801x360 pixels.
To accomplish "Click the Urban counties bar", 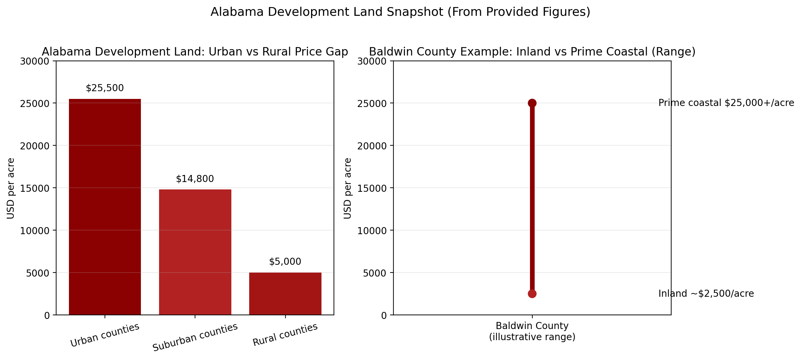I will pos(105,207).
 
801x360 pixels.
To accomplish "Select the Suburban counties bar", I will pos(195,252).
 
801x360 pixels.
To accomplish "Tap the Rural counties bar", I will pos(285,294).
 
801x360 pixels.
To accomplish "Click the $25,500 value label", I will pos(105,88).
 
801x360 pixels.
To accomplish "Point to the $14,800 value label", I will pos(195,179).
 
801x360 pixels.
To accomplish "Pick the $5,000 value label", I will pos(285,262).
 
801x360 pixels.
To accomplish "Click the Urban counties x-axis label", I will pos(105,335).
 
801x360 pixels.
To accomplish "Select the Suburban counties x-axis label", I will pos(195,337).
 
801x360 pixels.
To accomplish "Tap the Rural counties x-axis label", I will pos(285,334).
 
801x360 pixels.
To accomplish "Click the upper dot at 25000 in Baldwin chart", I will pos(532,103).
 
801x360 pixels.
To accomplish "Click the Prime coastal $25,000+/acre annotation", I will pos(726,103).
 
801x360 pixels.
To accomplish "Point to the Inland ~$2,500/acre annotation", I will pos(706,294).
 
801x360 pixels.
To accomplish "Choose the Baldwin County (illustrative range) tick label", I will pos(532,331).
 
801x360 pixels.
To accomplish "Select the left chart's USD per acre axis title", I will pos(11,188).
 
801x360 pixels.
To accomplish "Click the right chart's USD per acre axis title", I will pos(348,188).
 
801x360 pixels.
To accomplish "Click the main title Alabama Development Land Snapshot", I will pos(400,12).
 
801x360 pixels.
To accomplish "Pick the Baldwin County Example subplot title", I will pos(532,52).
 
